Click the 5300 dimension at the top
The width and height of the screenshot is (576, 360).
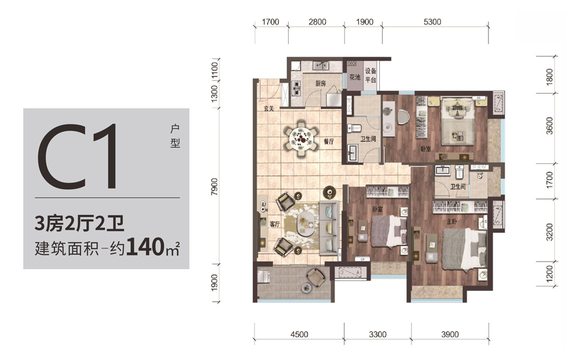[432, 22]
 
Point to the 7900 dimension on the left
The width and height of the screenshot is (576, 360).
[215, 187]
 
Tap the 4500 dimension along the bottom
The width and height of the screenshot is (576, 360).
[299, 335]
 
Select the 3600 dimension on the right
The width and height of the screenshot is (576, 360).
[549, 125]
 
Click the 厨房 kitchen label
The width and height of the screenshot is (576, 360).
[320, 83]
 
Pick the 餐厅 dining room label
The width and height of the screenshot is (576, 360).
[329, 142]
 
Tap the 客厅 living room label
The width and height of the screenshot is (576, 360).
[275, 224]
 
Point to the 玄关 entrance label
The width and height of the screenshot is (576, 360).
[269, 109]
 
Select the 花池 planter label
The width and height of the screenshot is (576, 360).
[355, 77]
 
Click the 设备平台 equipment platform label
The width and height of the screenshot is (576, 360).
[370, 76]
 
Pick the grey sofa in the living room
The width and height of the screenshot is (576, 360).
[329, 228]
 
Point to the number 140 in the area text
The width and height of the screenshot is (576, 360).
[145, 247]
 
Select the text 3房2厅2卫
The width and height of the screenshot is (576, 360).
[79, 223]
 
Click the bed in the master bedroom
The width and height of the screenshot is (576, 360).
[464, 250]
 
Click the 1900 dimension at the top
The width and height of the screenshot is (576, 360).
[364, 22]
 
